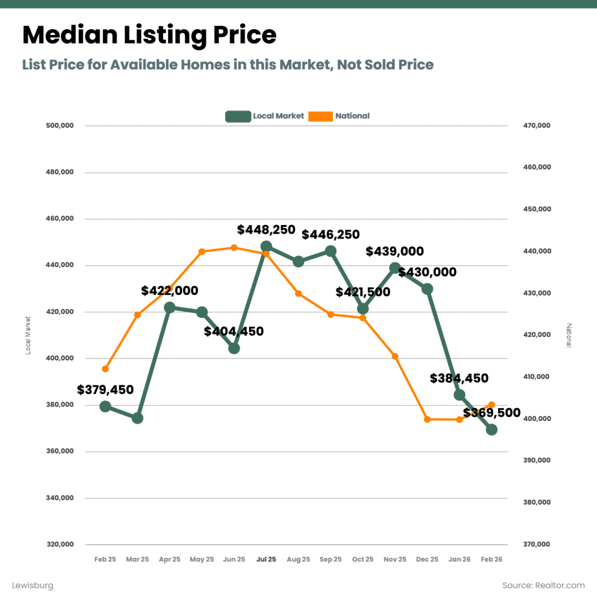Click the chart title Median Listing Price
click(149, 36)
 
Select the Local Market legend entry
click(265, 116)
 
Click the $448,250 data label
click(266, 230)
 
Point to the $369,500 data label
click(491, 413)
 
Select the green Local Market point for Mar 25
click(138, 418)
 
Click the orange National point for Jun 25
click(234, 247)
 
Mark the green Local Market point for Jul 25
click(266, 246)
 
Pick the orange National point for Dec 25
click(427, 419)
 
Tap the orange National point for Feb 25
click(105, 369)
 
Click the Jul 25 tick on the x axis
click(266, 559)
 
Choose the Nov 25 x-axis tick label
click(395, 559)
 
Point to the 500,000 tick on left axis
click(60, 126)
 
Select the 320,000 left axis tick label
click(60, 545)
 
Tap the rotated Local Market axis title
click(27, 335)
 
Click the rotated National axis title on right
click(570, 335)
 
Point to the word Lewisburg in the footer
click(33, 585)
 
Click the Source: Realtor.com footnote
click(543, 585)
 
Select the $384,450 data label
click(459, 378)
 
